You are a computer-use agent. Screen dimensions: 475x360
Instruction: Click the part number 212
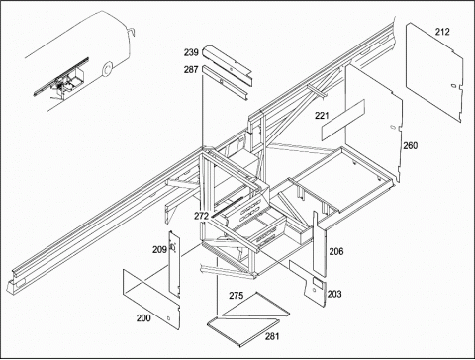coord(442,32)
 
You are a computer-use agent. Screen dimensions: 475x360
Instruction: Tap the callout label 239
coord(191,52)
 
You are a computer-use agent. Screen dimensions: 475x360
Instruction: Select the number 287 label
coord(191,69)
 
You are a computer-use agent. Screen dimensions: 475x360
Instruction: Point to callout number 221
coord(322,116)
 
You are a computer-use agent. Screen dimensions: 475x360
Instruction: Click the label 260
coord(411,145)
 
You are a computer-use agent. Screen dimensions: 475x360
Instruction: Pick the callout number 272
coord(201,216)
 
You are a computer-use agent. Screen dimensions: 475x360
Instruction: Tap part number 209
coord(159,250)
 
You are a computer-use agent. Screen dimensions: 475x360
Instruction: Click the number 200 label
coord(143,318)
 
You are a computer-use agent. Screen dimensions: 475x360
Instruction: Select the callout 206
coord(336,251)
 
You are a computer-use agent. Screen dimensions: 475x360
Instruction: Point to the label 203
coord(334,294)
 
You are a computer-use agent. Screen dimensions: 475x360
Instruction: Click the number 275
coord(237,296)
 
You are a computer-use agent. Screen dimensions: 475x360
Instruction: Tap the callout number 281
coord(272,336)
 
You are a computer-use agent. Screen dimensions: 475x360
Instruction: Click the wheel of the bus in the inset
coord(107,69)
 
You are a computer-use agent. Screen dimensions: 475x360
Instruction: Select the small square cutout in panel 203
coord(318,281)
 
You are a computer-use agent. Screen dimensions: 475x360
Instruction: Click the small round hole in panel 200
coord(168,318)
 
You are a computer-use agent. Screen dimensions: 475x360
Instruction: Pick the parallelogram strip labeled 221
coord(343,120)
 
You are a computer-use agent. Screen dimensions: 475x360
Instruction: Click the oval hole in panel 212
coord(454,86)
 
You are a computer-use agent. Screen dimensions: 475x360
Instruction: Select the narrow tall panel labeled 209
coord(174,264)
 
